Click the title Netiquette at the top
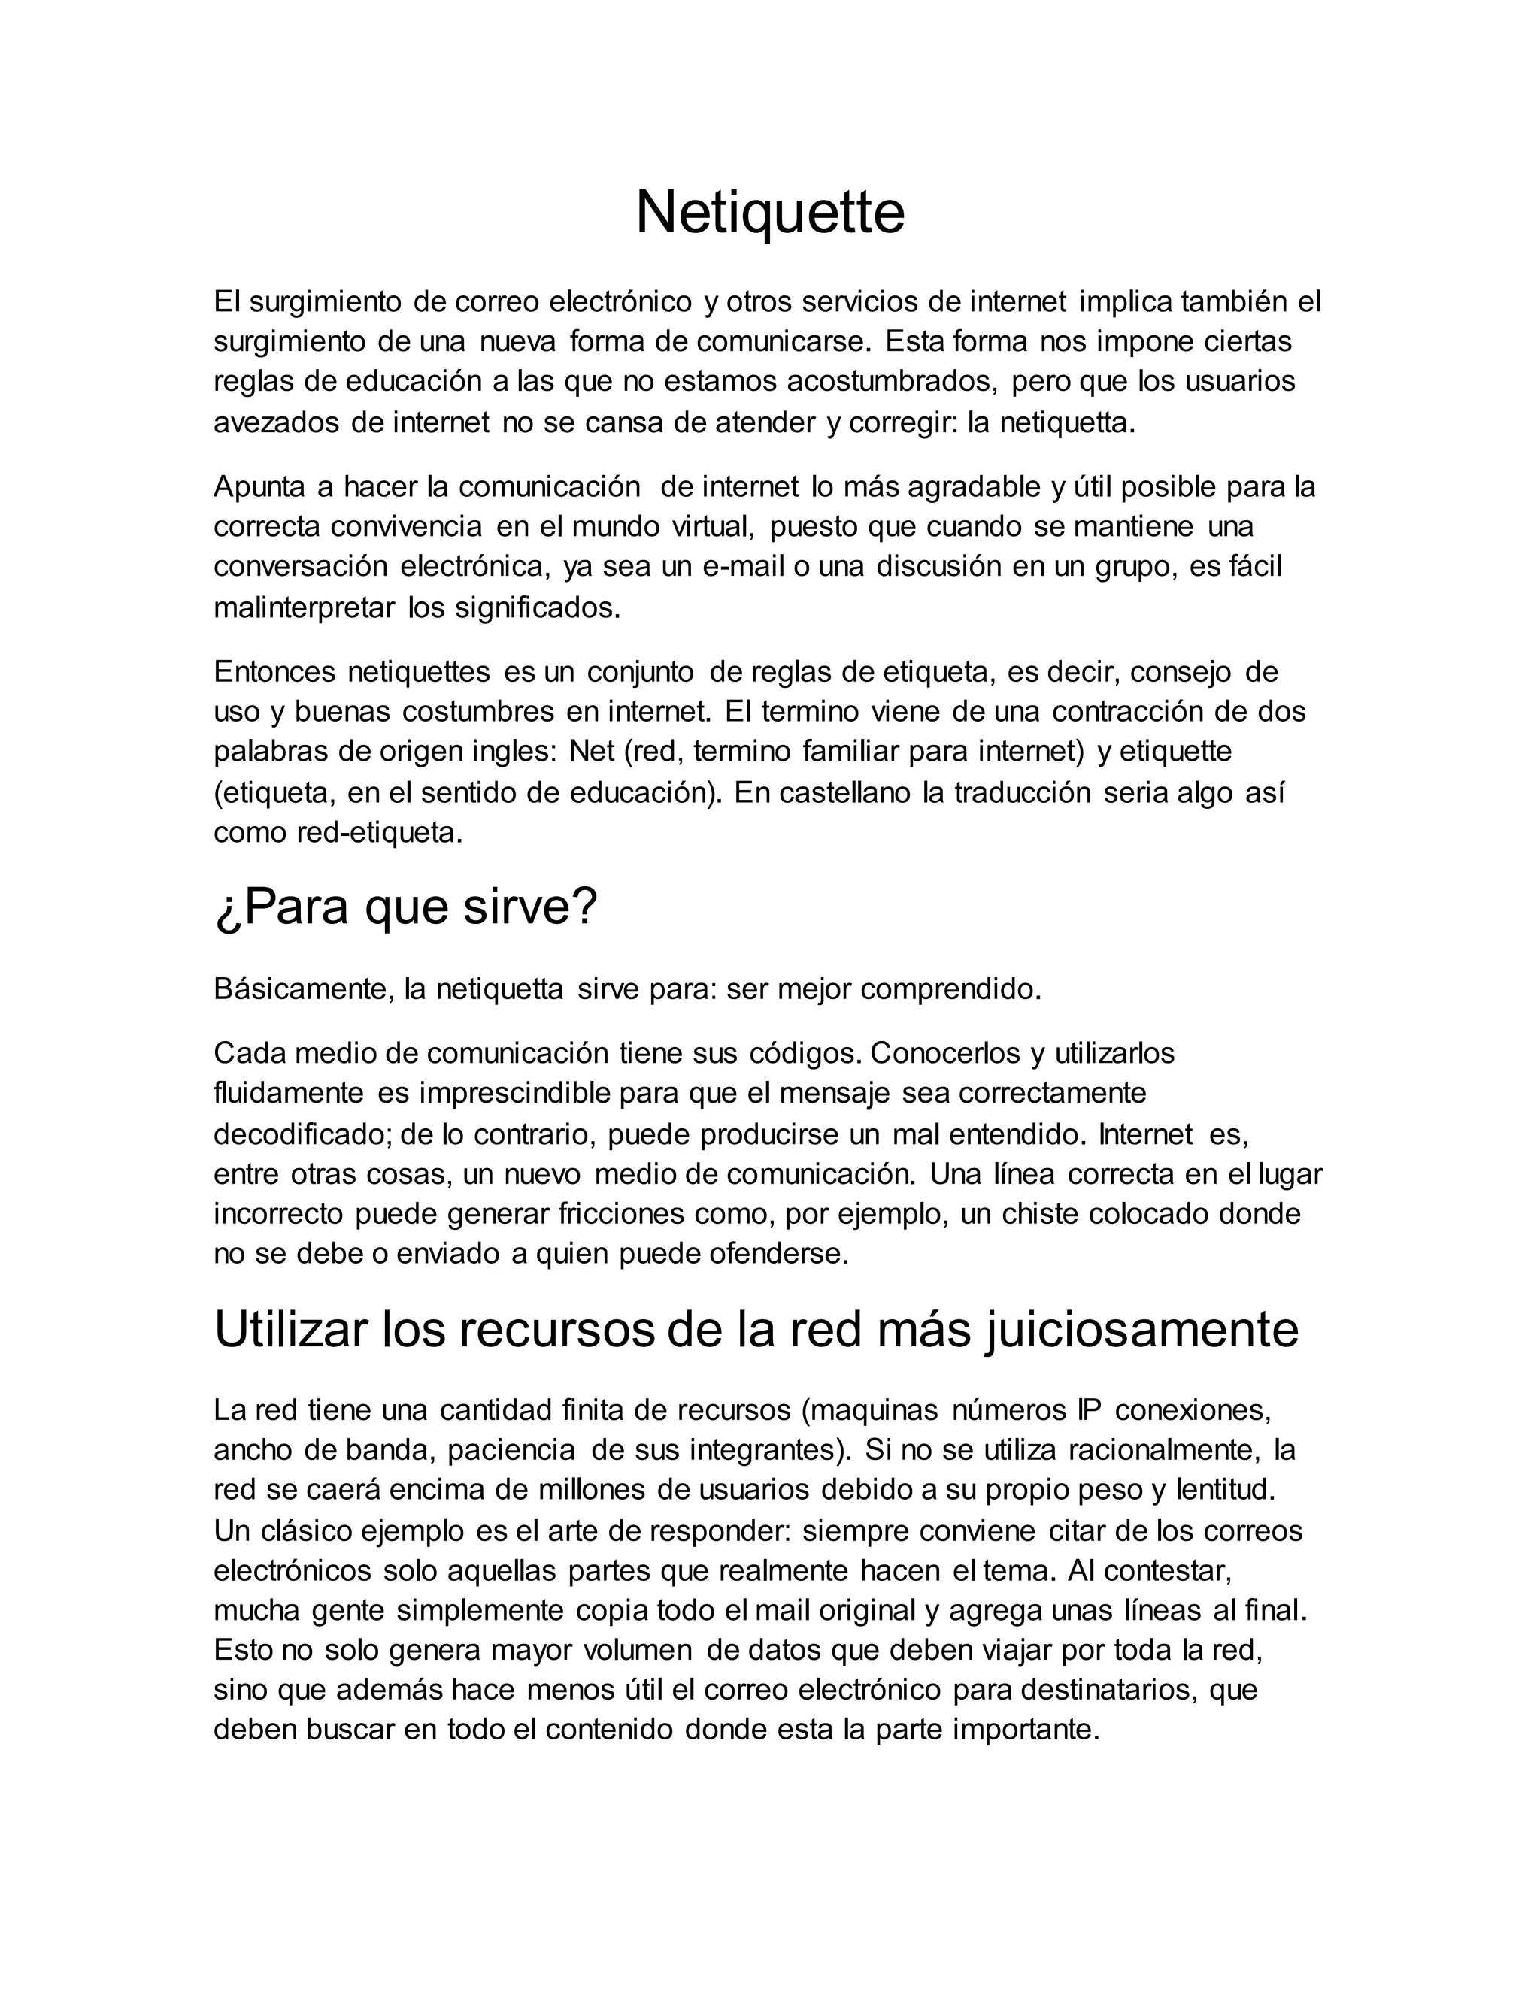tap(769, 213)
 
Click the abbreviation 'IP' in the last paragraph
tap(1084, 1410)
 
